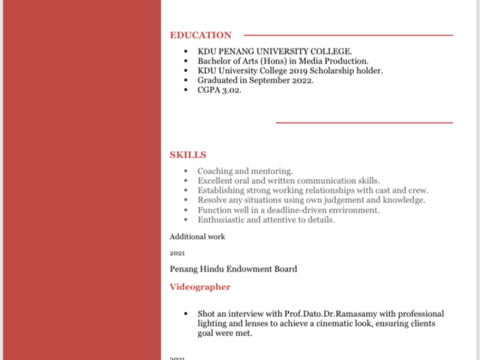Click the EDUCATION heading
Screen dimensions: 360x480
pyautogui.click(x=200, y=35)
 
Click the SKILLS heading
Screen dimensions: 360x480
pyautogui.click(x=188, y=155)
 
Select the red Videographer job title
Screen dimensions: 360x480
pyautogui.click(x=200, y=287)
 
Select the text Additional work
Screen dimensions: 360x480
pyautogui.click(x=197, y=236)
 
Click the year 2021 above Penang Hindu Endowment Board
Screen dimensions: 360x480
pyautogui.click(x=177, y=253)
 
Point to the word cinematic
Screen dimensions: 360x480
pyautogui.click(x=325, y=323)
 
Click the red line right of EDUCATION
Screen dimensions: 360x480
pyautogui.click(x=348, y=35)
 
